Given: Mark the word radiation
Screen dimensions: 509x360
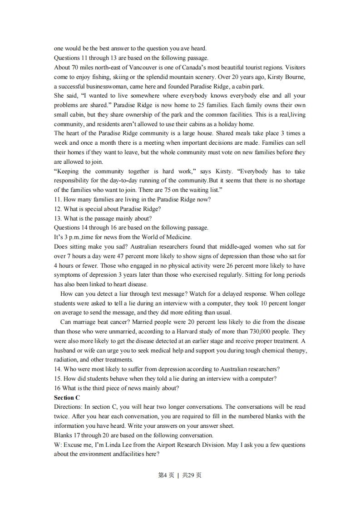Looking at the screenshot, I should click(65, 360).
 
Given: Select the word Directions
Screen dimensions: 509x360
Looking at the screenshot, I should click(68, 406).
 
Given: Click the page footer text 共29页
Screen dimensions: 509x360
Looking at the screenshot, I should click(192, 475).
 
